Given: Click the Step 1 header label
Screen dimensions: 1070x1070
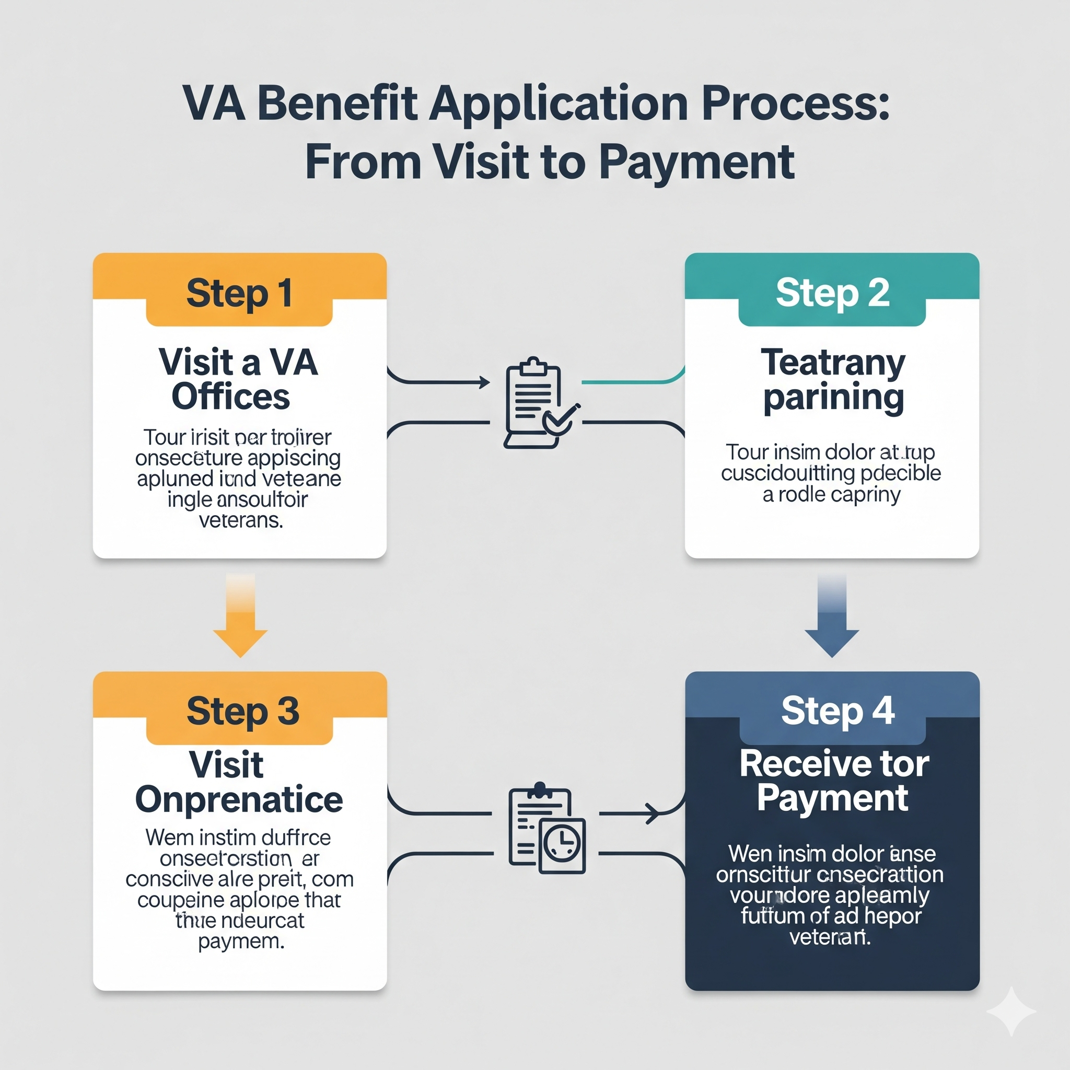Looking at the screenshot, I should click(239, 293).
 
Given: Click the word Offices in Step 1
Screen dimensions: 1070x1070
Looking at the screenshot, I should click(230, 397).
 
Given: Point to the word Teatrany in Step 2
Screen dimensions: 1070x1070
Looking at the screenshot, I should click(833, 363).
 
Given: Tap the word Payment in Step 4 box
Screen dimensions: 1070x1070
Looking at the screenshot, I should click(832, 798).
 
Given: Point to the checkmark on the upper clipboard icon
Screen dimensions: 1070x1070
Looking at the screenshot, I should click(561, 418).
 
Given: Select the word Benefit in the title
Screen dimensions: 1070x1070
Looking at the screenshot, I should click(337, 103).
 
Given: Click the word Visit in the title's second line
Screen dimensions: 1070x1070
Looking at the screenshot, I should click(479, 162).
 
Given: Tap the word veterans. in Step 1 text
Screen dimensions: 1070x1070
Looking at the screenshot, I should click(241, 520).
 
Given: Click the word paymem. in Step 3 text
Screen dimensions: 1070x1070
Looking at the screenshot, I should click(241, 941).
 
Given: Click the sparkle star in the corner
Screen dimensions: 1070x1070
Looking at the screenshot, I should click(1011, 1011).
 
